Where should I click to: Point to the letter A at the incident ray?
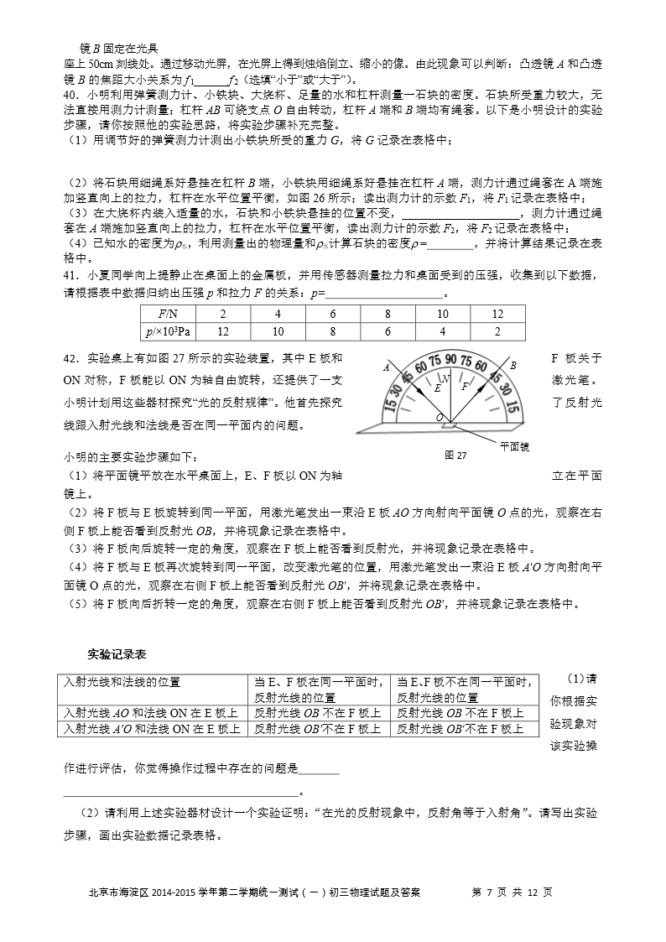click(387, 367)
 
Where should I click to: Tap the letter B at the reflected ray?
click(513, 365)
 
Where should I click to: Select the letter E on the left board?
click(436, 389)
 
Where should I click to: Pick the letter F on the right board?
click(466, 387)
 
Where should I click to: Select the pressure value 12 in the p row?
click(223, 330)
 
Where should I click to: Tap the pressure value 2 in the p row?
click(497, 330)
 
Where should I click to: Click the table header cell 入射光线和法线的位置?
click(122, 682)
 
